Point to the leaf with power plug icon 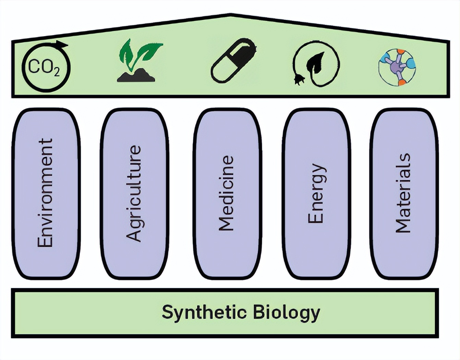[x=316, y=64]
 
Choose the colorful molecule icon [x=397, y=67]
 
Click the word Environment [x=45, y=193]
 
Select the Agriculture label [x=134, y=194]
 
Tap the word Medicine [x=226, y=193]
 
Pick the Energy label [x=316, y=194]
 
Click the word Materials [x=403, y=193]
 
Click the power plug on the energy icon [x=299, y=80]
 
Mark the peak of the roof [x=230, y=15]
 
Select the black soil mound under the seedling [x=136, y=76]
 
